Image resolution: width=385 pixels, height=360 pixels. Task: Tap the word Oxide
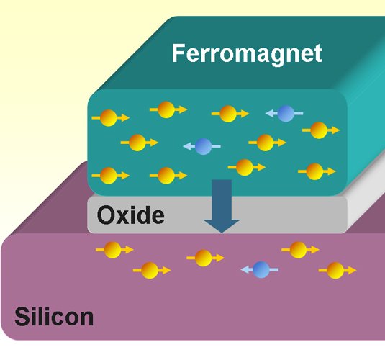[x=131, y=215]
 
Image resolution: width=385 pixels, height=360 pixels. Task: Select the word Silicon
[x=54, y=317]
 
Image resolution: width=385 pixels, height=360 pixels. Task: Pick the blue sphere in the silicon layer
[x=261, y=269]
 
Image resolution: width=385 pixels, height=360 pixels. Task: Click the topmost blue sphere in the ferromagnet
[x=286, y=114]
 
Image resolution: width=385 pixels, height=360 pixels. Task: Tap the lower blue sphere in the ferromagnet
[x=203, y=146]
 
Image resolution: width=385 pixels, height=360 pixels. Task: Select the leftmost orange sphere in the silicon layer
[x=113, y=250]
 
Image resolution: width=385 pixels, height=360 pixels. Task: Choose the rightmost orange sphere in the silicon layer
[x=335, y=270]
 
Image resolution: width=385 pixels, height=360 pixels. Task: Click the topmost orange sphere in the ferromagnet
[x=166, y=109]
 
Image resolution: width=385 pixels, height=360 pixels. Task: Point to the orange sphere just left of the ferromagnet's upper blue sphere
[x=228, y=114]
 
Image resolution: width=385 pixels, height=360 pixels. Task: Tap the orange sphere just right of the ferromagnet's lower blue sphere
[x=265, y=143]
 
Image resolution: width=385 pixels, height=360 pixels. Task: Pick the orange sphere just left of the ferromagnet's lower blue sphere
[x=137, y=143]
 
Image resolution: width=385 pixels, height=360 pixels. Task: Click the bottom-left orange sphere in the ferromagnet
[x=108, y=176]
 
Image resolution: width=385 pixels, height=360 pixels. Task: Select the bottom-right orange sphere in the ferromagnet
[x=314, y=171]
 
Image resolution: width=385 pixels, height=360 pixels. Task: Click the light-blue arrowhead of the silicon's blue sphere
[x=245, y=269]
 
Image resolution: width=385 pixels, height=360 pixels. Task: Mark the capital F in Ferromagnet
[x=178, y=53]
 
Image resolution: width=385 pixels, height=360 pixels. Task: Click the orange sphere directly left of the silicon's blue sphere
[x=204, y=258]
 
